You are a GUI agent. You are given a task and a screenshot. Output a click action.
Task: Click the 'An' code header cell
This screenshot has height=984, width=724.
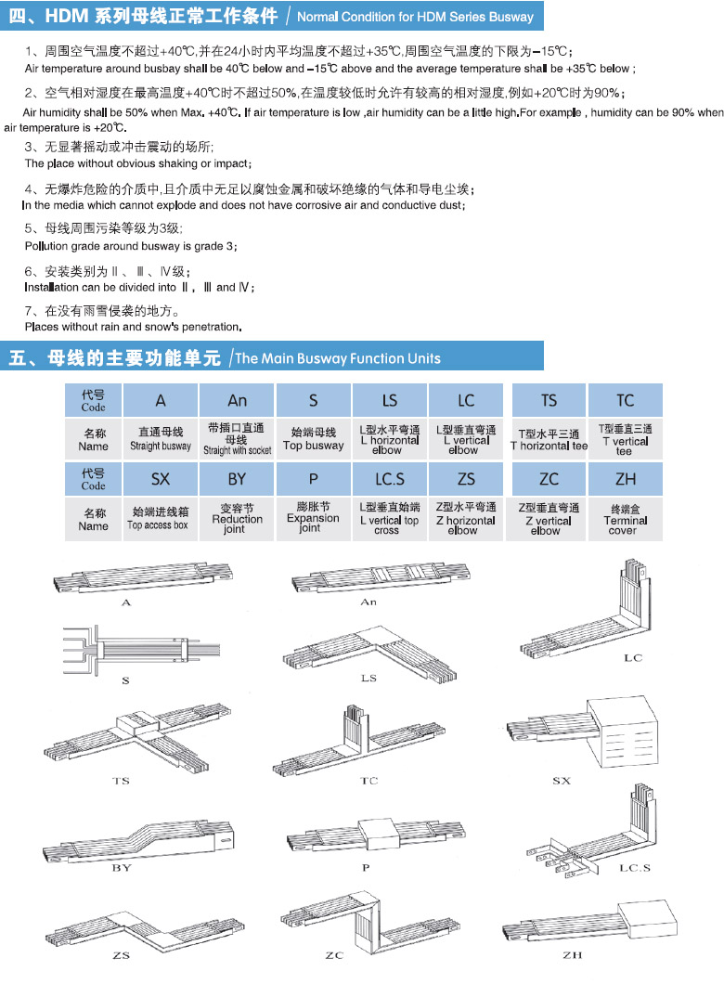[237, 400]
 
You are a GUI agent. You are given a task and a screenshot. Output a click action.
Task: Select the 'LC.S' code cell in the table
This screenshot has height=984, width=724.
[390, 479]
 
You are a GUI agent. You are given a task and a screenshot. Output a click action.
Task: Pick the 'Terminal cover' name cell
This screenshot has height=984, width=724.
[625, 520]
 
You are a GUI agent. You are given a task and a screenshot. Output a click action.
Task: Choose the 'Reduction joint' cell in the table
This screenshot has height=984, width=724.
[237, 520]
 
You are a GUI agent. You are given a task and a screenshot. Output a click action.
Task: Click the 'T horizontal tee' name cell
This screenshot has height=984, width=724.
[549, 439]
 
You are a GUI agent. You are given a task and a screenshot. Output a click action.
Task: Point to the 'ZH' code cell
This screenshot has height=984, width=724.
[625, 479]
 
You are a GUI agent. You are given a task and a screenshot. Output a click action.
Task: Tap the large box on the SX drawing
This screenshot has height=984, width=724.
[623, 732]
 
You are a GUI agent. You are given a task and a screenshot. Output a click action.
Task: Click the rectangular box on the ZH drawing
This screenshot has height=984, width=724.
[648, 920]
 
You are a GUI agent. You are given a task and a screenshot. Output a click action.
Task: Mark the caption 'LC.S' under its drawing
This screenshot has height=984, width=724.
[634, 867]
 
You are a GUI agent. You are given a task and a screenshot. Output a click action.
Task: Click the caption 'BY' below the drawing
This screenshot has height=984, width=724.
[122, 867]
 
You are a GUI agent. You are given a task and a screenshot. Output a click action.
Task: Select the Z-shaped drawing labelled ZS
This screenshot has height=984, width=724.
[144, 931]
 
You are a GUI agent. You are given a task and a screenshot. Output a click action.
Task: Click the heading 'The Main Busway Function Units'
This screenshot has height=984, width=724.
[338, 358]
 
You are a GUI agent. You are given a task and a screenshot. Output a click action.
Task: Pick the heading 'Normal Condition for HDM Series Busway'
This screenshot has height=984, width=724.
[415, 17]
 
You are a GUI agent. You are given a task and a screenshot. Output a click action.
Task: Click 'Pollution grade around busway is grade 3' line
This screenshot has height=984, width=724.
[131, 246]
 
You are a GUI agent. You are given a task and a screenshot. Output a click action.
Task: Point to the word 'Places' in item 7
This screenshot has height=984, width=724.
[41, 327]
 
